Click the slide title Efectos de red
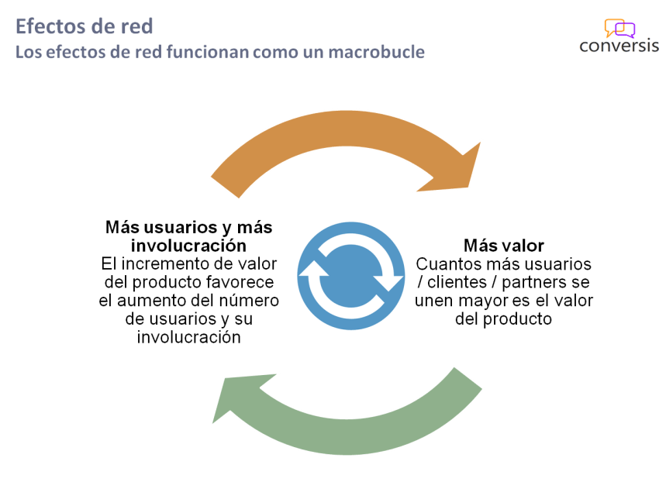coord(85,26)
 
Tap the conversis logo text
coord(618,45)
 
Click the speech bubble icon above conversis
coord(619,29)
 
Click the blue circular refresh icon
coord(350,276)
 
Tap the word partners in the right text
coord(537,282)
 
